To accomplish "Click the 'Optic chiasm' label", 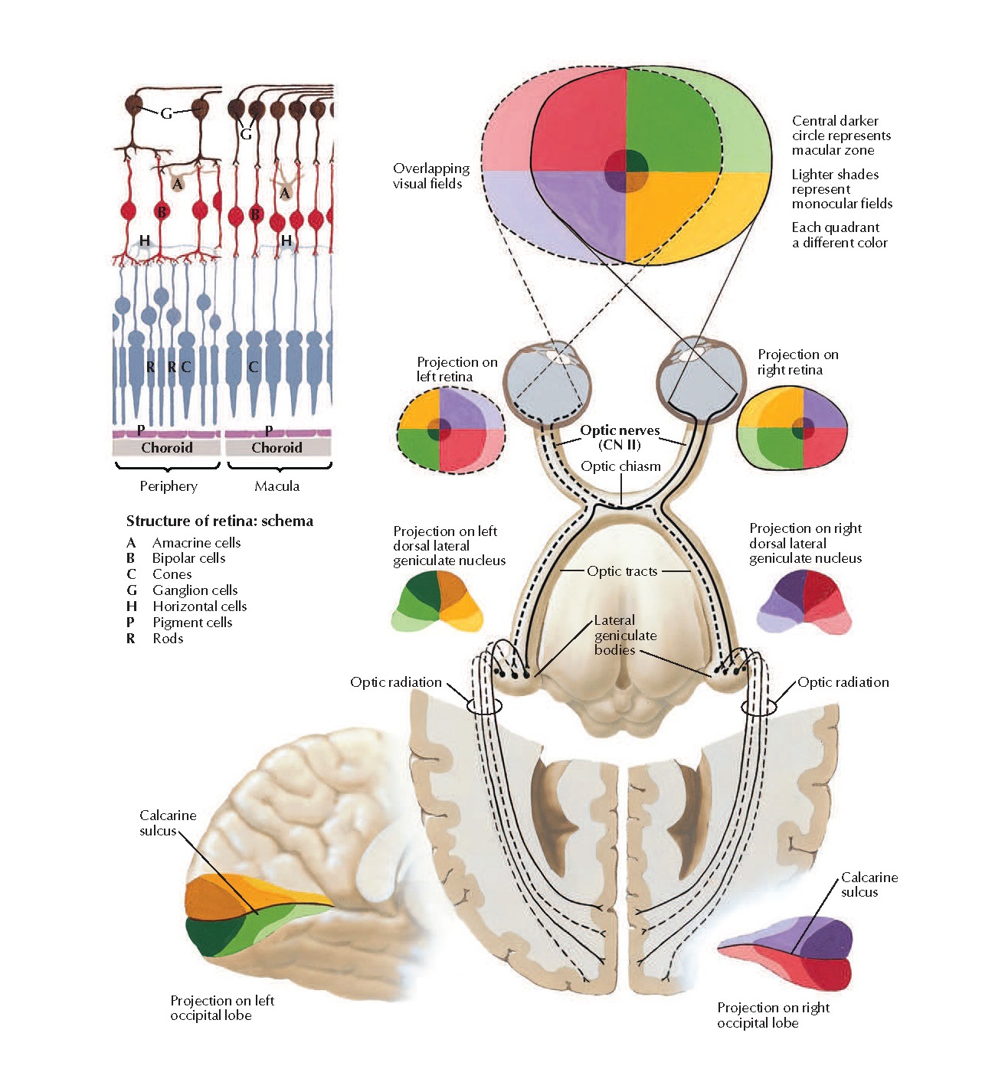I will click(x=620, y=466).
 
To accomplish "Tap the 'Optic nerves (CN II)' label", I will click(x=620, y=437).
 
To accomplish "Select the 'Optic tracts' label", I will click(x=622, y=570).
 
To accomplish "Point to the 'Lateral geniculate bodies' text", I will click(x=625, y=635).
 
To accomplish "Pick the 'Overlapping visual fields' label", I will click(x=430, y=175).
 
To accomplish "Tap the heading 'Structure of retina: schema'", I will click(x=219, y=521).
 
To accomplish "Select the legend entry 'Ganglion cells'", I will click(x=195, y=590).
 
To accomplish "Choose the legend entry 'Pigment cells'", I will click(x=192, y=622).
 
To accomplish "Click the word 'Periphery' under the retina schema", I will click(x=169, y=485).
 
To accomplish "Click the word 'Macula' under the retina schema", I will click(x=277, y=485).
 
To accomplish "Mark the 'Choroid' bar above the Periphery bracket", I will click(x=167, y=447).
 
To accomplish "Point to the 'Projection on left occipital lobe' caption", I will click(x=221, y=1008).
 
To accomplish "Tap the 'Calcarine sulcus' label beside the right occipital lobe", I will click(x=869, y=884).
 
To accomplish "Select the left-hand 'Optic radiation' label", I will click(x=395, y=682).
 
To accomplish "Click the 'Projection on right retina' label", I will click(x=797, y=361).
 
